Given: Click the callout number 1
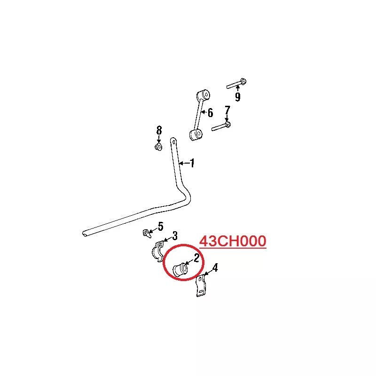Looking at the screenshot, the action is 192,163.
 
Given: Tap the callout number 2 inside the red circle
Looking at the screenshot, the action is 196,258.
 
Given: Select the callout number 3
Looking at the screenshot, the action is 175,236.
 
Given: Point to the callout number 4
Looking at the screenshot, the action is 215,267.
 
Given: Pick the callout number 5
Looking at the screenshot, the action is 160,227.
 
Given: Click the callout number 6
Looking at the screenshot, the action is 210,113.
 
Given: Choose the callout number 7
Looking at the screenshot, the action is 227,110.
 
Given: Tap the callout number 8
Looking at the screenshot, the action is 159,131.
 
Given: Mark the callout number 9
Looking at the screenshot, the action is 237,97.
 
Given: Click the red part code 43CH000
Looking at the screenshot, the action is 233,241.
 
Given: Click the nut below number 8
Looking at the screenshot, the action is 158,147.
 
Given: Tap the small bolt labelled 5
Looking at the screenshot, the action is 147,233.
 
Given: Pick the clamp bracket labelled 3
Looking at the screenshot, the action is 158,251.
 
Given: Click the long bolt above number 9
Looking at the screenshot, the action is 236,84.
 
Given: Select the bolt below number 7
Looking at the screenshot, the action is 221,126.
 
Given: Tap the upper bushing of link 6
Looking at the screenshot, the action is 204,94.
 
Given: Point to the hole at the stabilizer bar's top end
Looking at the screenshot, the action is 173,142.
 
